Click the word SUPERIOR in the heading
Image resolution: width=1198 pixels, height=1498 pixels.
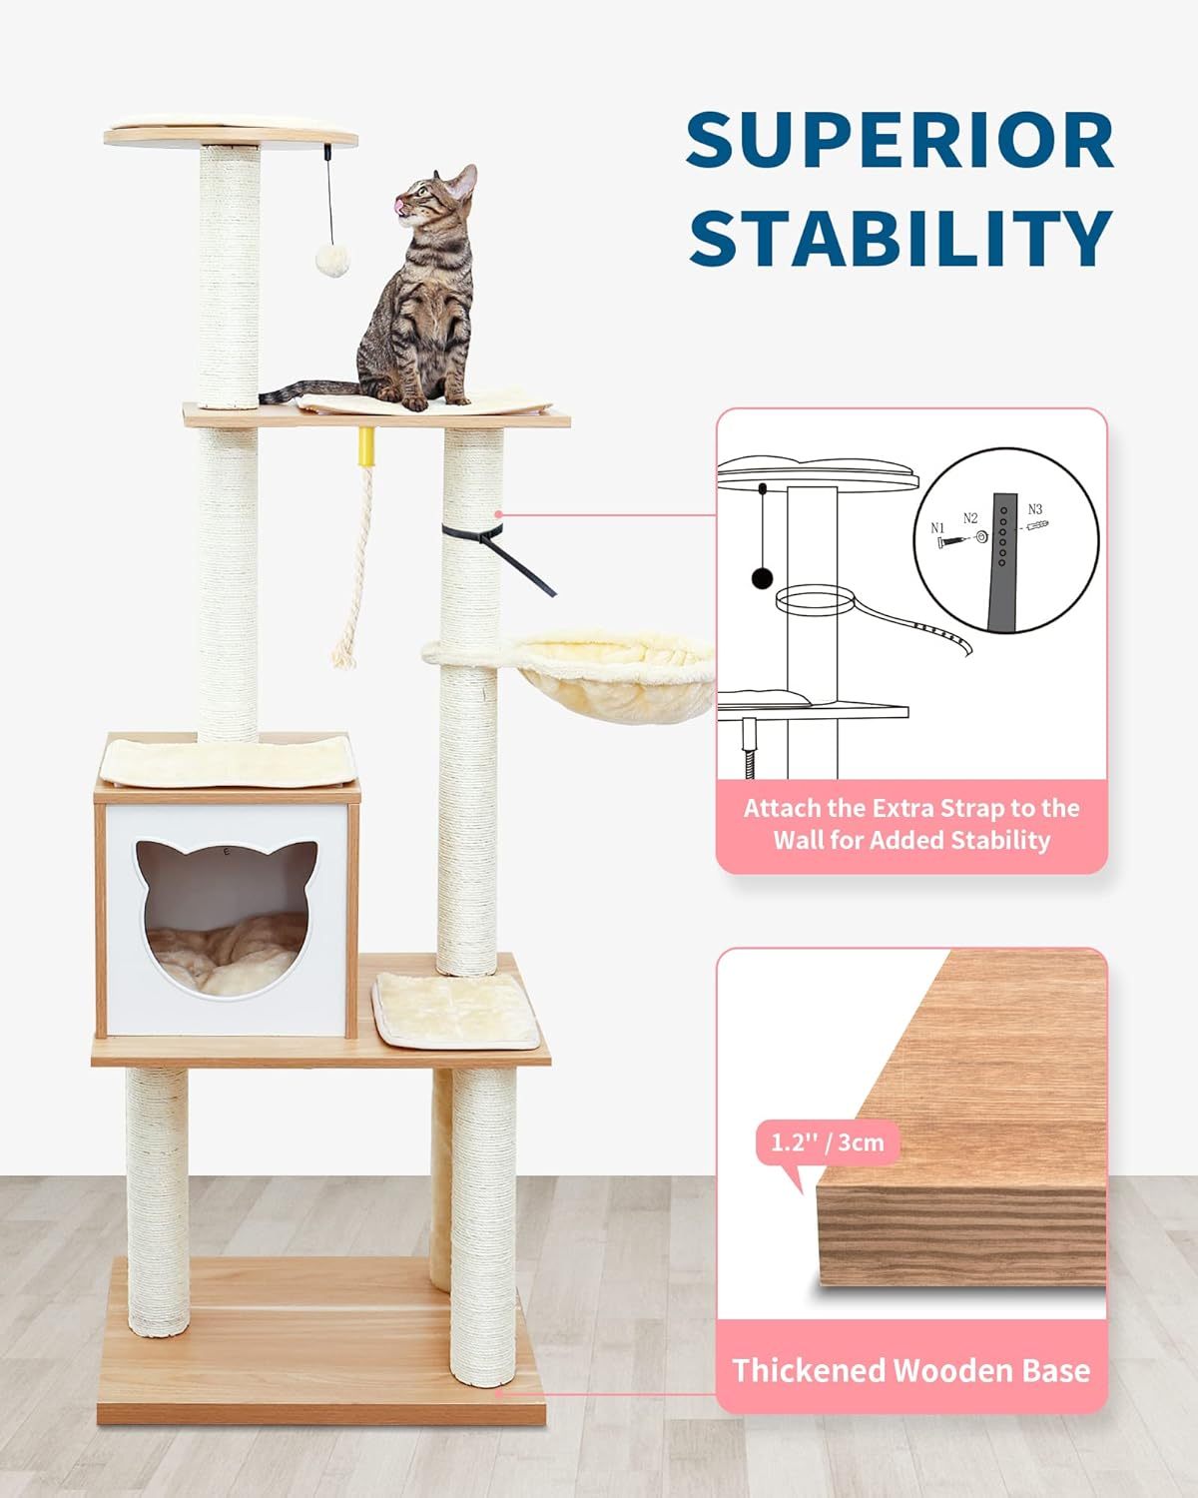pos(899,141)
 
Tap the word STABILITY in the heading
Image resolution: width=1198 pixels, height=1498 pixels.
pos(899,238)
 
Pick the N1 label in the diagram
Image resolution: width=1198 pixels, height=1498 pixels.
pos(937,527)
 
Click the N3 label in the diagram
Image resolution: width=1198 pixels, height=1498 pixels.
pos(1034,508)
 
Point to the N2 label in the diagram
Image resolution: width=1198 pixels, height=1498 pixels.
pos(970,517)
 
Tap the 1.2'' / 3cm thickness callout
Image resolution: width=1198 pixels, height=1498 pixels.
pos(828,1141)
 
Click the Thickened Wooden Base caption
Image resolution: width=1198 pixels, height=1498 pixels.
pos(910,1370)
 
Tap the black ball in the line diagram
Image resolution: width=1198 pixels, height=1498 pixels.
pos(762,577)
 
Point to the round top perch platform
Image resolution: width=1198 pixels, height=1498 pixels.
pos(232,134)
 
